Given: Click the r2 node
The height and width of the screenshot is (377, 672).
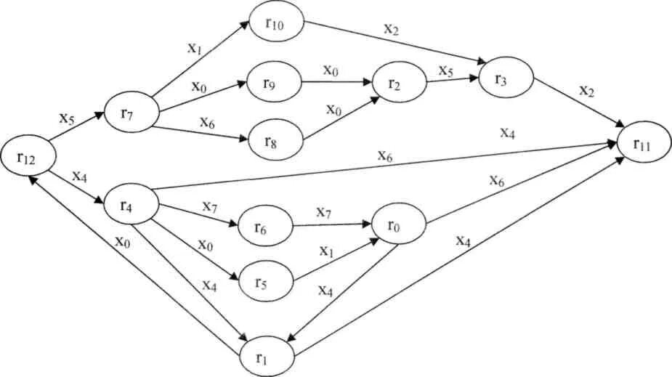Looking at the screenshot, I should point(397,82).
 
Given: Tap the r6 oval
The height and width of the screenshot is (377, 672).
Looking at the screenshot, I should point(264,225).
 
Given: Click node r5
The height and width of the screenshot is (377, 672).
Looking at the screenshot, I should point(266,279).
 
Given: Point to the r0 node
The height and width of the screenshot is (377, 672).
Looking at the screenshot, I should point(397,225).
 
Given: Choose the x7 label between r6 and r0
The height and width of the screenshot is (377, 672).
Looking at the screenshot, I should point(325,213).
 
